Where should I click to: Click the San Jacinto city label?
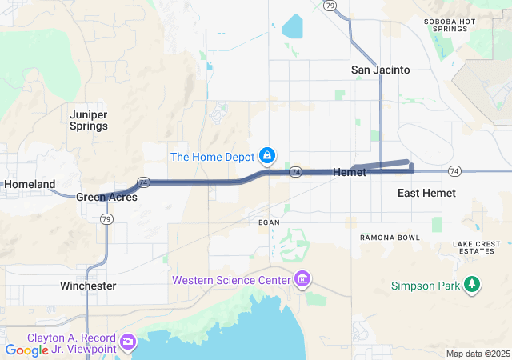click(x=380, y=70)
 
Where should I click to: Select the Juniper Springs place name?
click(x=89, y=120)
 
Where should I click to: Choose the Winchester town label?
click(x=88, y=286)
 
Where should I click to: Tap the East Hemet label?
click(x=426, y=193)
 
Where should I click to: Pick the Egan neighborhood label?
click(x=268, y=222)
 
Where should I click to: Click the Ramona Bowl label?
click(x=390, y=238)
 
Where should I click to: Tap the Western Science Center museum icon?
click(x=302, y=279)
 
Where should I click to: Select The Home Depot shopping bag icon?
click(x=268, y=155)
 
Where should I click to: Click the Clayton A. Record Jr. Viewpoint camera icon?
click(x=127, y=342)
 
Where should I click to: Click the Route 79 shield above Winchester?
click(x=107, y=218)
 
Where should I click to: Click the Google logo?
click(x=27, y=350)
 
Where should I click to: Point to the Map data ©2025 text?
click(x=477, y=354)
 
